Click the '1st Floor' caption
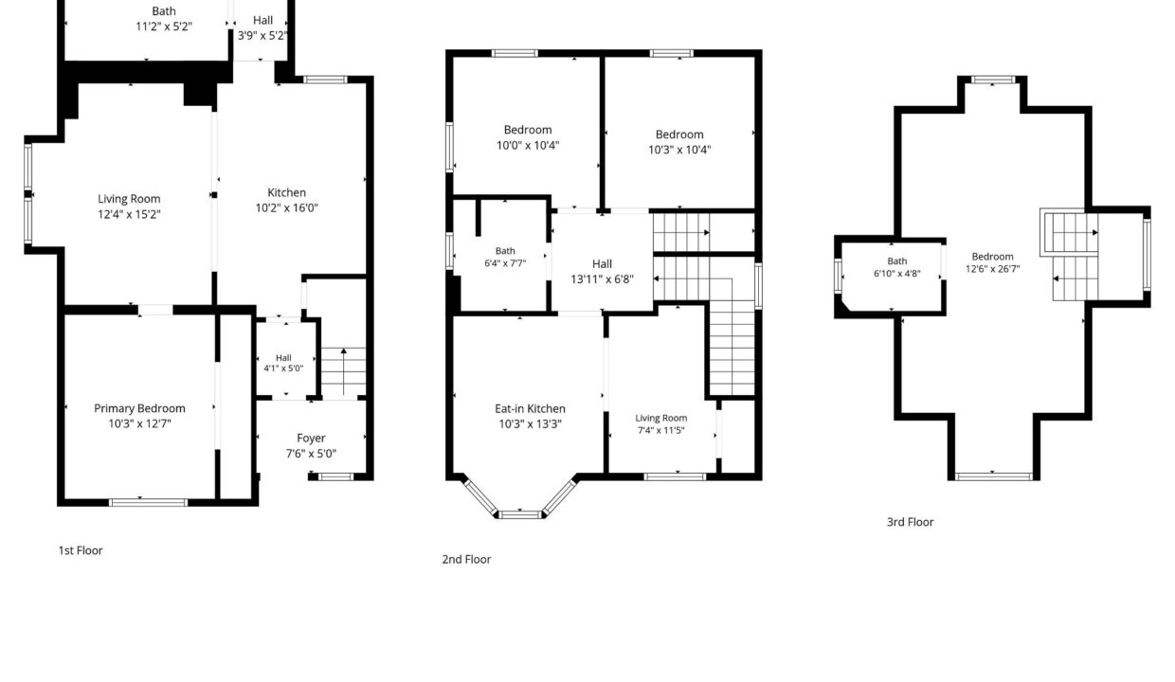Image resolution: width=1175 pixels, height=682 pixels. (x=81, y=550)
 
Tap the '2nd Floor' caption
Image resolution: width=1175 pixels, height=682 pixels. (x=466, y=559)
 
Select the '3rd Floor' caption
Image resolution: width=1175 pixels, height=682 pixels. (x=910, y=522)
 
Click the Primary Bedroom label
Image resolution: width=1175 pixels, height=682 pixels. (x=139, y=408)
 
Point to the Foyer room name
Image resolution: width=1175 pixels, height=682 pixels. (x=311, y=439)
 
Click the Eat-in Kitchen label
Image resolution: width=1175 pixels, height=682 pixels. (x=530, y=409)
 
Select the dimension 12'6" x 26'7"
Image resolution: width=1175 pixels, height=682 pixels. (x=992, y=269)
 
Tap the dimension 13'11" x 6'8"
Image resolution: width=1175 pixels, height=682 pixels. (x=603, y=279)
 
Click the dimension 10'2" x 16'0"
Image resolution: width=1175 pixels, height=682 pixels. (x=287, y=208)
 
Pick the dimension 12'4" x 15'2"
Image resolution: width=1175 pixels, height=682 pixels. (x=129, y=214)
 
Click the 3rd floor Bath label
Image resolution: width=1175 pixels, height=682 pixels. (x=897, y=261)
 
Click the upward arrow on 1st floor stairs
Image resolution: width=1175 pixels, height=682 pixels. (x=344, y=371)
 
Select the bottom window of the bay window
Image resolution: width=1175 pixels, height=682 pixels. (x=519, y=514)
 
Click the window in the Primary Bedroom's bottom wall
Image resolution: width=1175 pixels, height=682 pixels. (x=149, y=503)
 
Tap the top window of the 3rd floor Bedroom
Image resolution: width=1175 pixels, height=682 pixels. (x=992, y=80)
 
